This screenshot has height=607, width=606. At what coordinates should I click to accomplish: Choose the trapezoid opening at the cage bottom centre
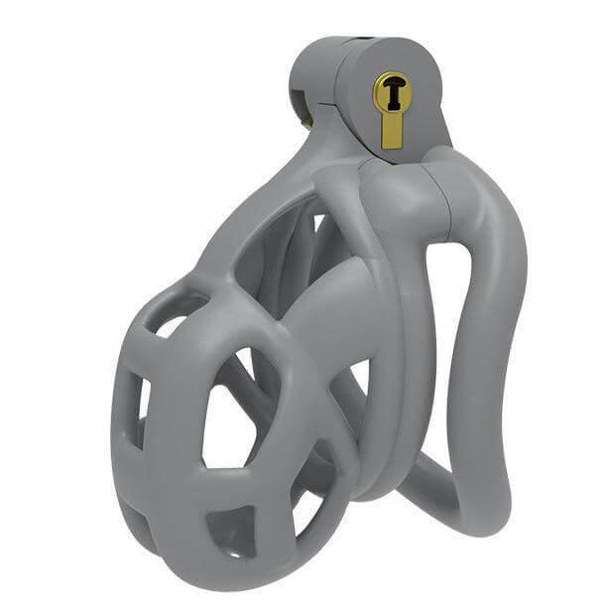(231, 531)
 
